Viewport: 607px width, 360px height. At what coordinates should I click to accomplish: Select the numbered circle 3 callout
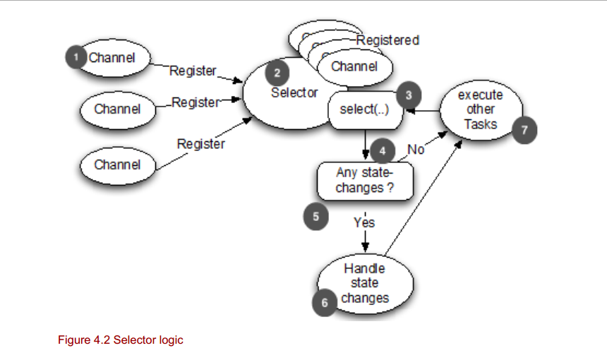408,93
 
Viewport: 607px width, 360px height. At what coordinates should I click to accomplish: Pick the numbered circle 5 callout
315,217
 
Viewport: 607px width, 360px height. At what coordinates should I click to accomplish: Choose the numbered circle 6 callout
324,302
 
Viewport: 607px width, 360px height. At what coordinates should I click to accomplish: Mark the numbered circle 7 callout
525,129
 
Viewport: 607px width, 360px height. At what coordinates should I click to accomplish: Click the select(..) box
363,111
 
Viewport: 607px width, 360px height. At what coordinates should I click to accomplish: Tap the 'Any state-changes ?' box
364,181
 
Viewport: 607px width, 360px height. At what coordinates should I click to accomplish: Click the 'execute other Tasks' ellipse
480,109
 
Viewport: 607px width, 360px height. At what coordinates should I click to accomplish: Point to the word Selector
294,92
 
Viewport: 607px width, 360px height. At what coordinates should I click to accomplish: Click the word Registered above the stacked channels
387,40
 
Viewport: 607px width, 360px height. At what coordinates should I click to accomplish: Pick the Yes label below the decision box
364,222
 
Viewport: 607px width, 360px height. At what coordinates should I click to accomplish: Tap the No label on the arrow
416,149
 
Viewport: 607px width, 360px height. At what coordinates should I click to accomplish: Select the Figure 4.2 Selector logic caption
120,340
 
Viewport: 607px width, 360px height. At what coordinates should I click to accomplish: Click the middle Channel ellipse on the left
117,109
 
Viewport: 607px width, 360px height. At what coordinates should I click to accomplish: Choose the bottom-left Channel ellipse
117,164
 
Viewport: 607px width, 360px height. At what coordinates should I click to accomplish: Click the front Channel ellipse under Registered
354,67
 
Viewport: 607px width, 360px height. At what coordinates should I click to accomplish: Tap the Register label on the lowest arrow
200,144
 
